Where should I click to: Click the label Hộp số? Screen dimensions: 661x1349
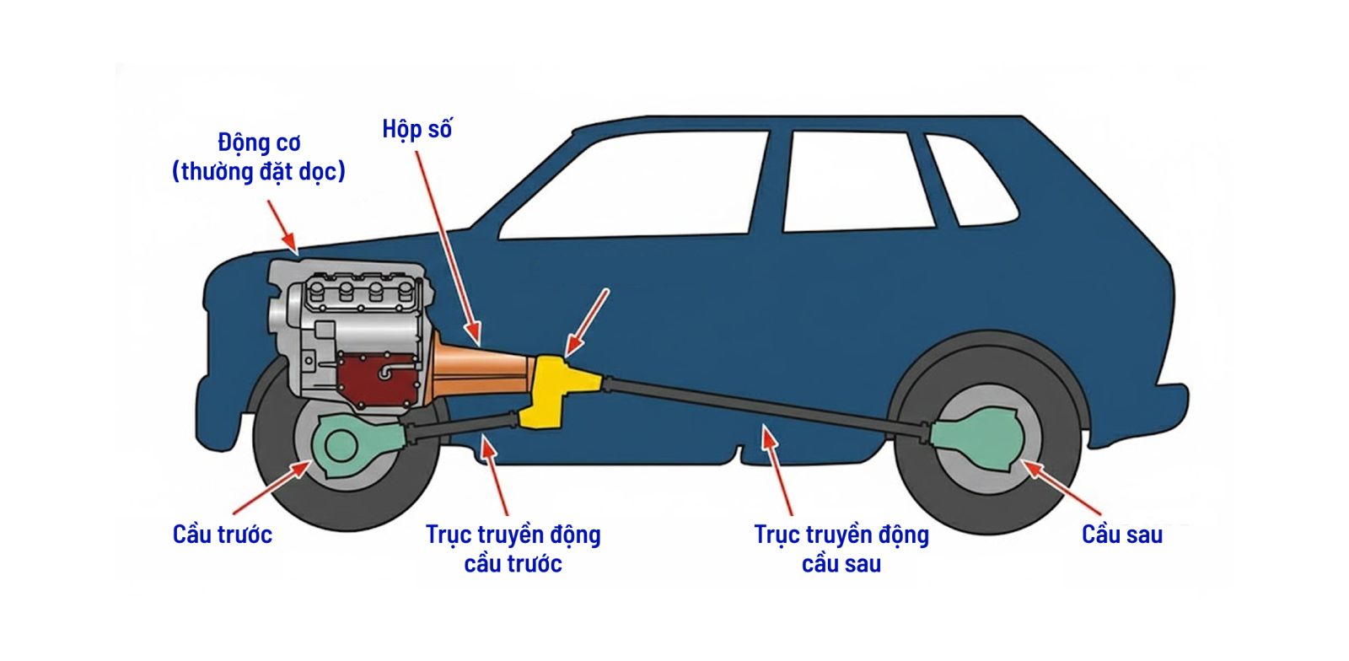tap(417, 130)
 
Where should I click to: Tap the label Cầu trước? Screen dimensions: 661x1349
tap(222, 535)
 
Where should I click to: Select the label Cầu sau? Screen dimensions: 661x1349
tap(1121, 535)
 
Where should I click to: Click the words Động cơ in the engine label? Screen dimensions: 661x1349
tap(259, 142)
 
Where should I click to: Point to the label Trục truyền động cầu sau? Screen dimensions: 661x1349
tap(841, 548)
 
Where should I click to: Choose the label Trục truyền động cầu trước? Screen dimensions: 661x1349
tap(513, 548)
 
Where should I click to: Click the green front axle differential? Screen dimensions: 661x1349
tap(346, 443)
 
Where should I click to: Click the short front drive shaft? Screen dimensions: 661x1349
tap(460, 427)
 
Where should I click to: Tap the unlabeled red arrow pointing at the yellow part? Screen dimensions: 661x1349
tap(588, 320)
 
